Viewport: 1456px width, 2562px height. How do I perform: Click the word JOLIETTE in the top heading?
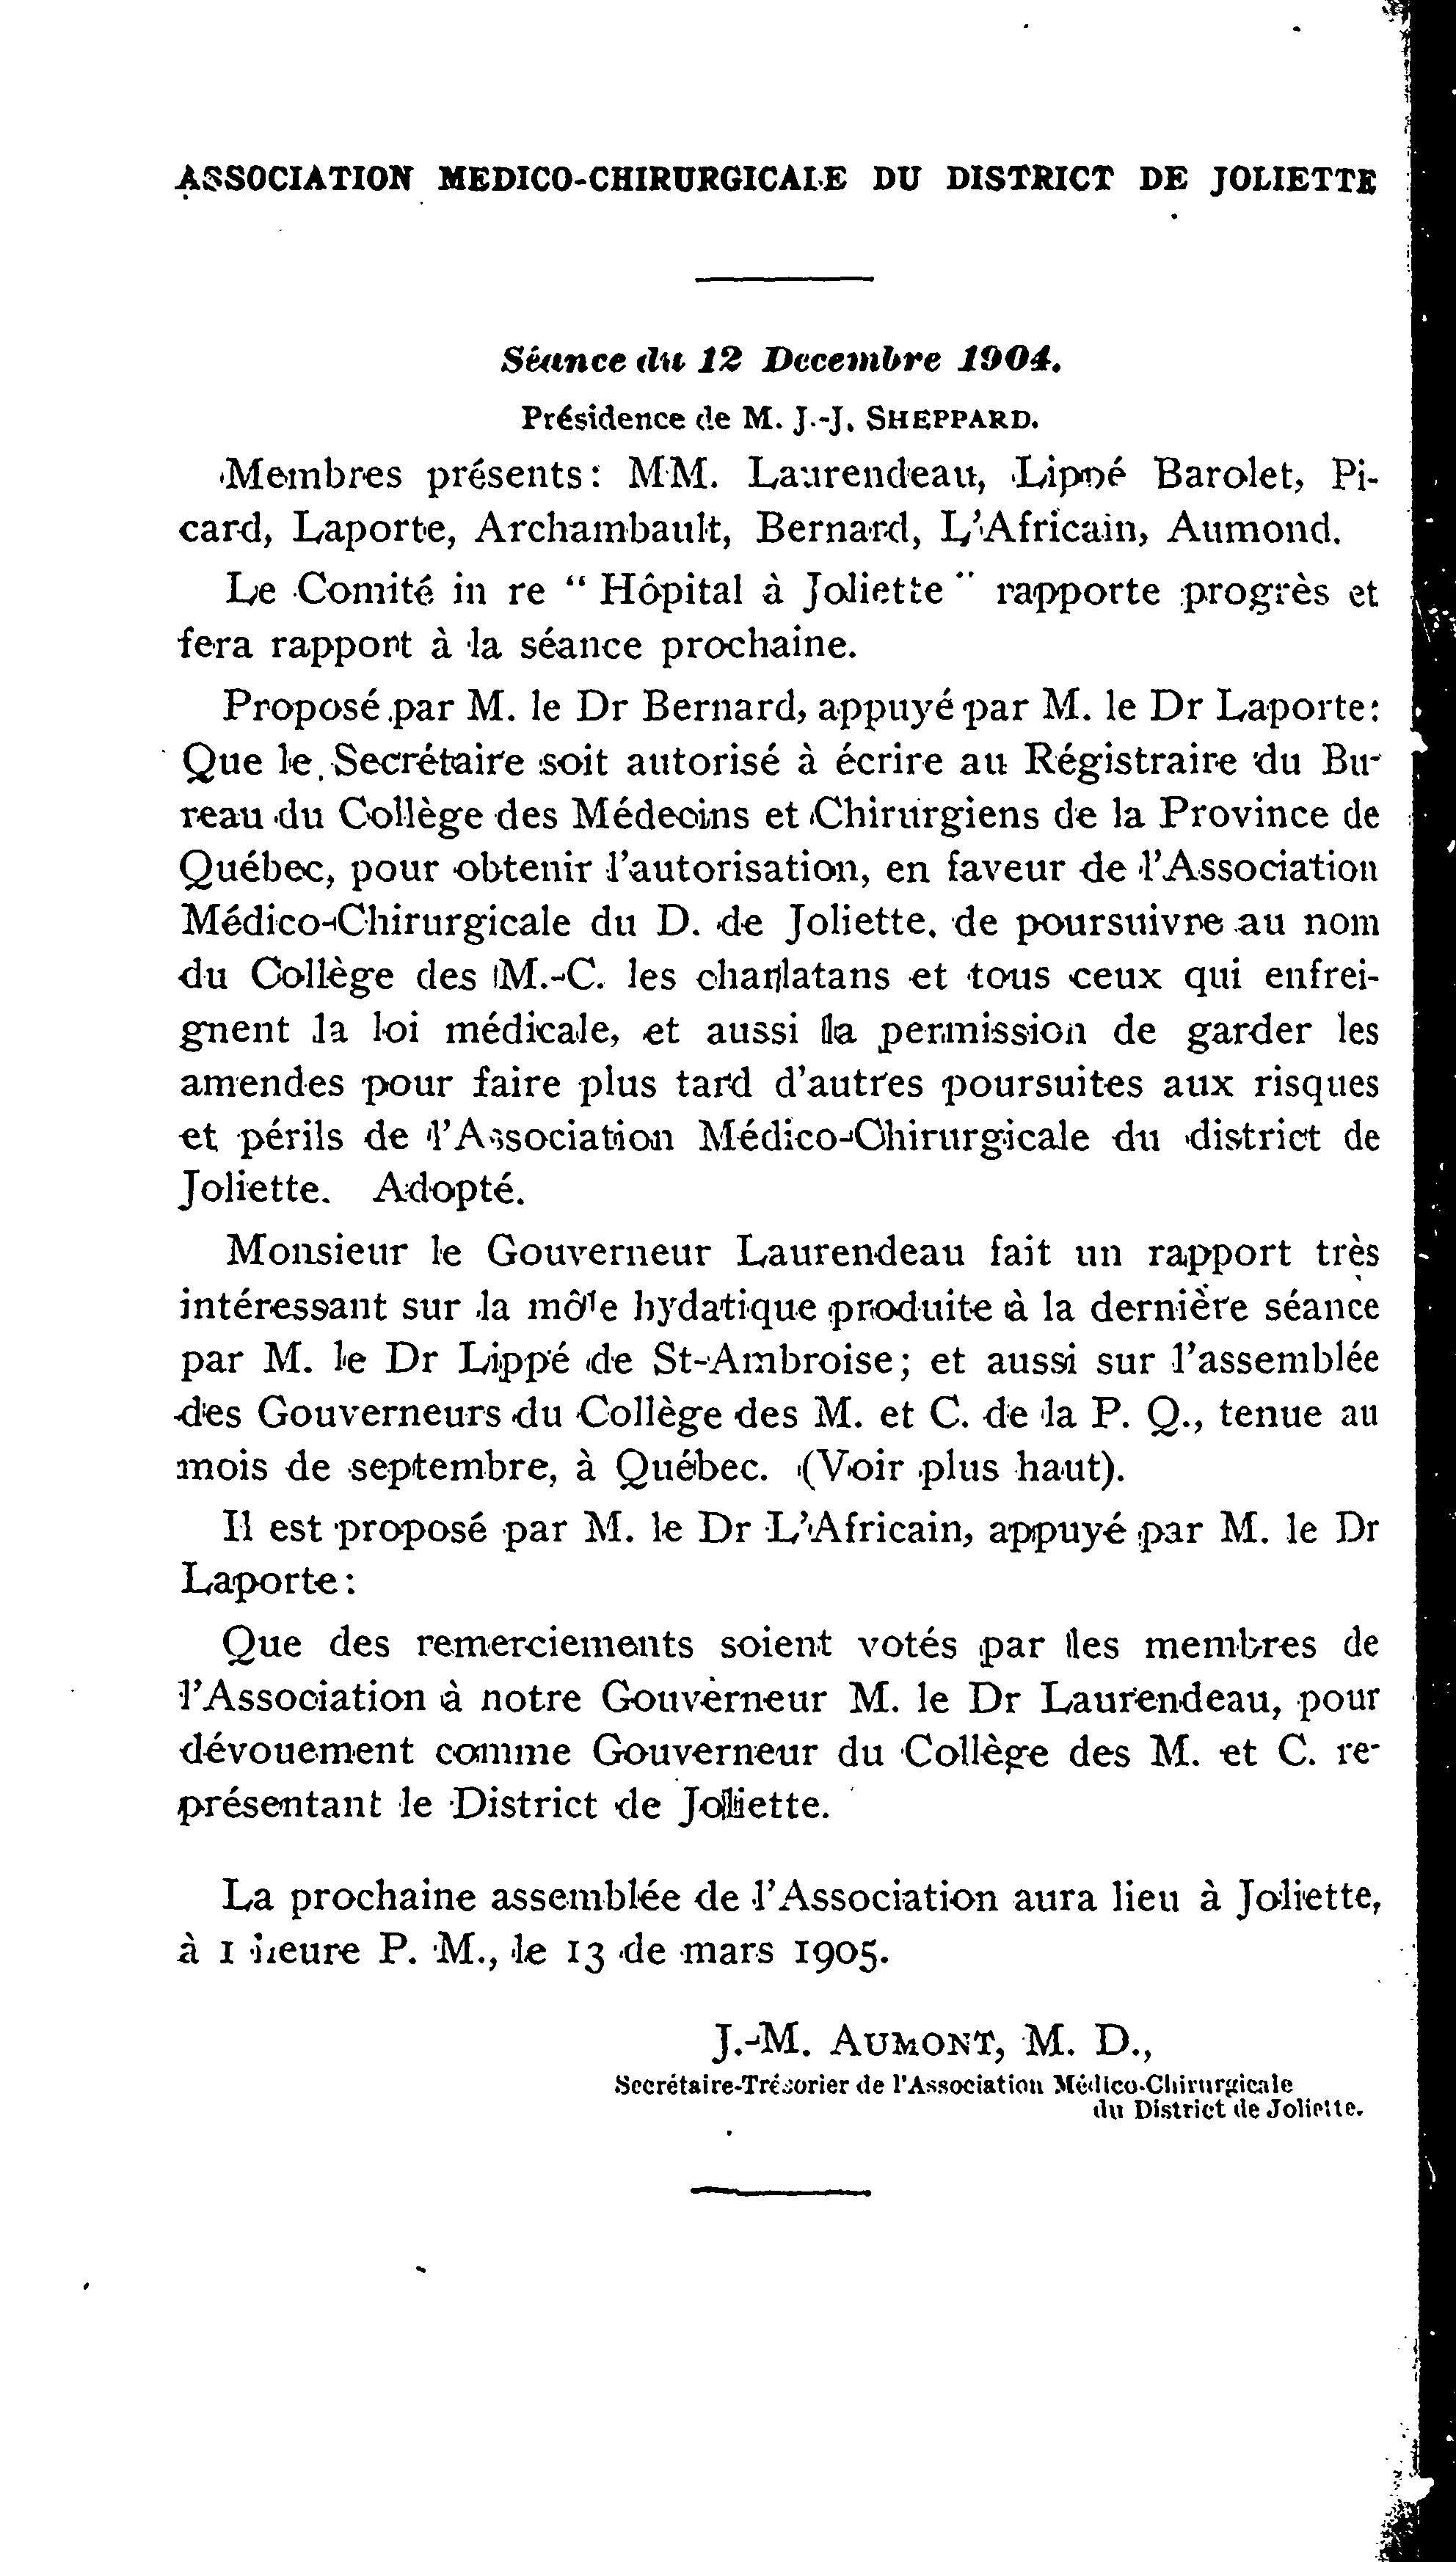(x=1293, y=179)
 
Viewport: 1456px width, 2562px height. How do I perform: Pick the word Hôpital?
(x=671, y=591)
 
